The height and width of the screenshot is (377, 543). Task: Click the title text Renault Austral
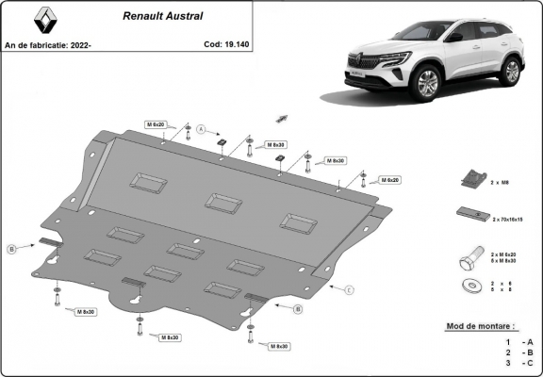coord(159,16)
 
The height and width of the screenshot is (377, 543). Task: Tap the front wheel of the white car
coord(425,85)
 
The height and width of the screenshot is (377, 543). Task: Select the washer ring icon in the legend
coord(469,285)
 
